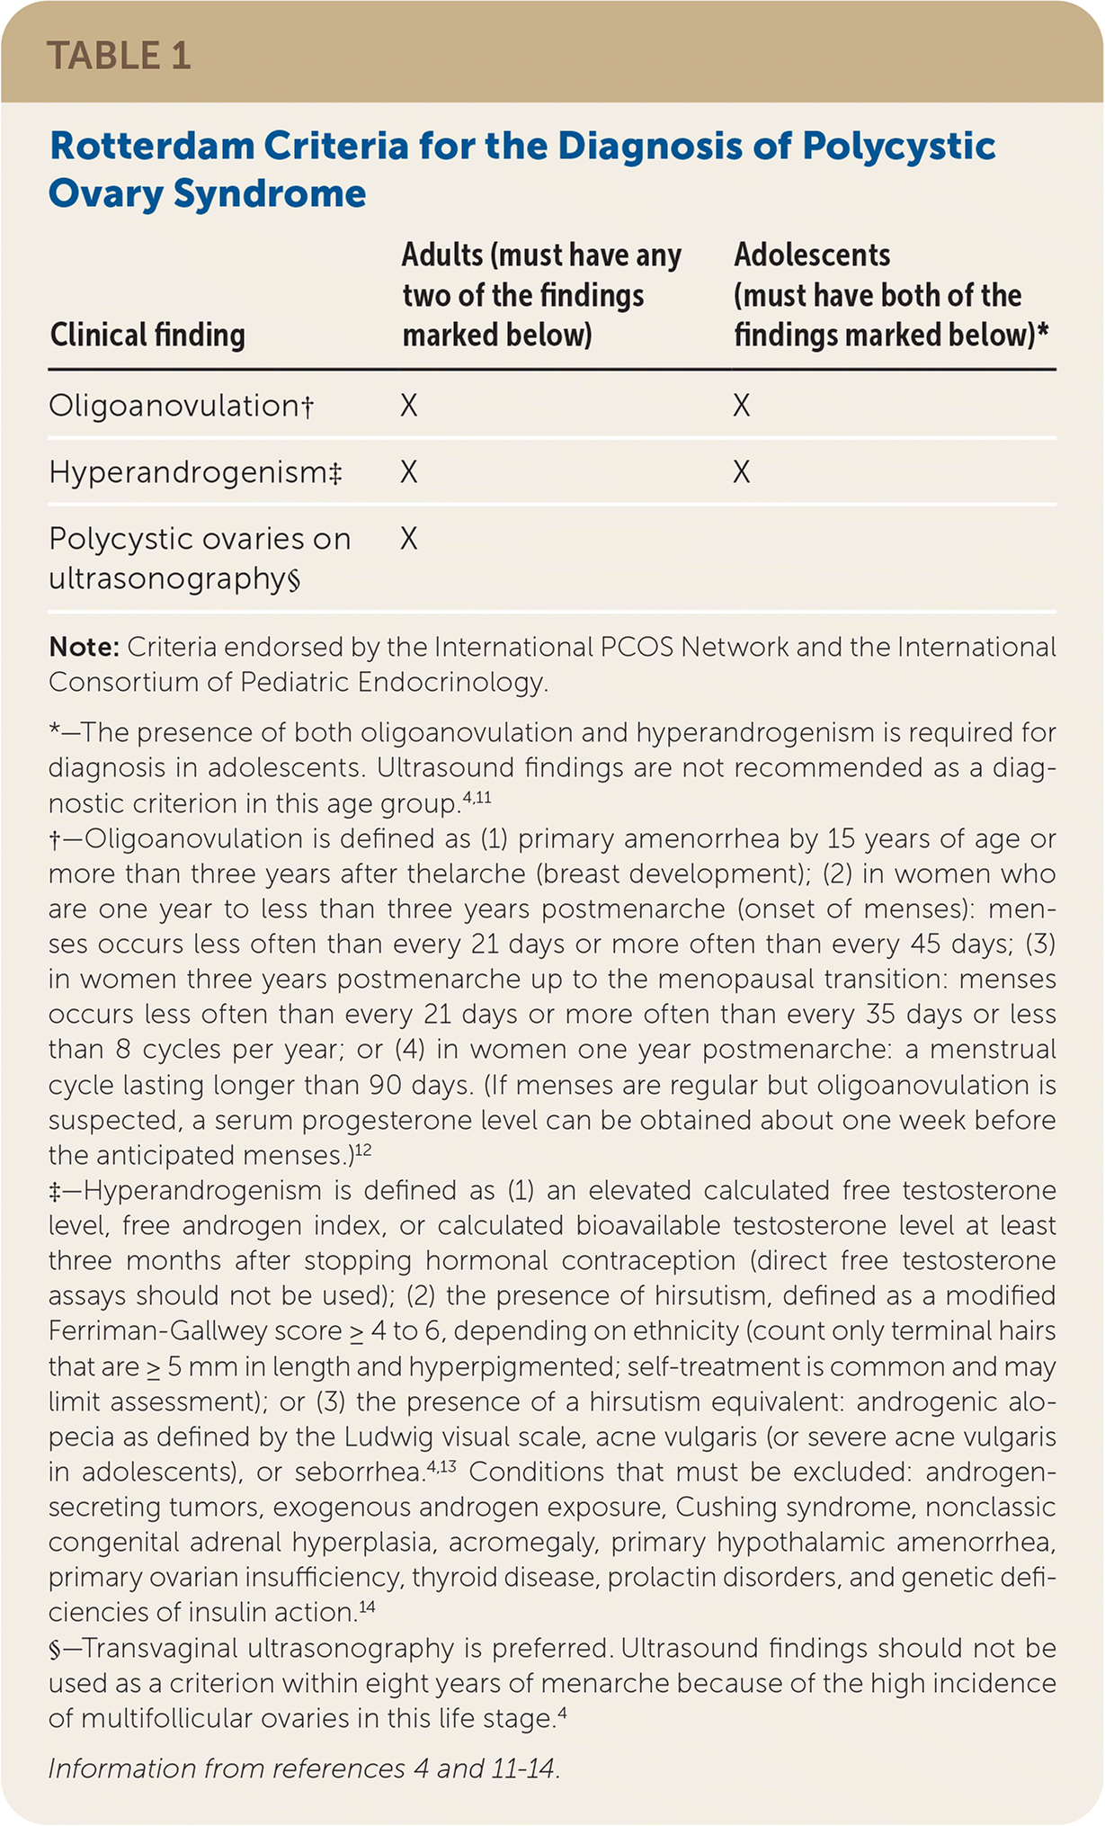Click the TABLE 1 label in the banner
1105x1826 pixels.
point(119,56)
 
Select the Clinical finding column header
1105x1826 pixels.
point(147,336)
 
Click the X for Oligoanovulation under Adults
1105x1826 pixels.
point(409,406)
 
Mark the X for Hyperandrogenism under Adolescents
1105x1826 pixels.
point(741,472)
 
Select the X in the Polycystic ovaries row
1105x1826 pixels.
point(409,539)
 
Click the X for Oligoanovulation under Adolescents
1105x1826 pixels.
point(741,406)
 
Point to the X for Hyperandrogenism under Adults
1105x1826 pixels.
point(409,472)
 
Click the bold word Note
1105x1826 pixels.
point(84,647)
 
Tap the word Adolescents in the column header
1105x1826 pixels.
point(812,255)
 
